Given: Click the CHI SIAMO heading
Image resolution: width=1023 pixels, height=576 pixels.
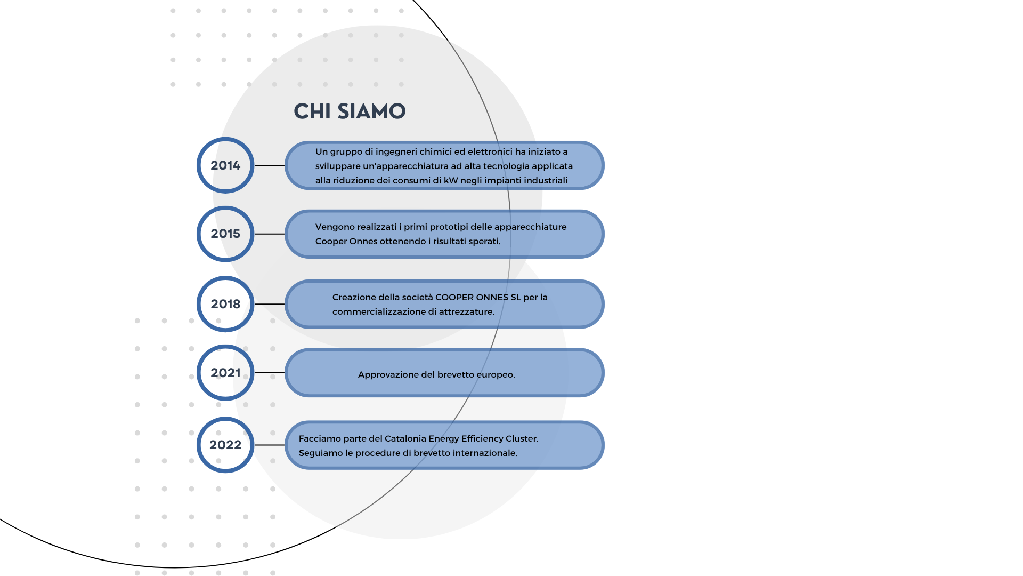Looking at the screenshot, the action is [350, 111].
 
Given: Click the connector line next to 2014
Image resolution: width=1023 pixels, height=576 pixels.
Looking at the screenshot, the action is [270, 165].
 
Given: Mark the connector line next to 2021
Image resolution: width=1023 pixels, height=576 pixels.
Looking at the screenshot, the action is [270, 373].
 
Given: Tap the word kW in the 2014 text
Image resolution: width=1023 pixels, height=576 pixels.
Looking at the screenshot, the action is [451, 180].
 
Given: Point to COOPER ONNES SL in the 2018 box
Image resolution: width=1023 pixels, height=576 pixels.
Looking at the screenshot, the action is [478, 297].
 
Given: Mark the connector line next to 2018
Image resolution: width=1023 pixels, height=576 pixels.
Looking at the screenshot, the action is [270, 304].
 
